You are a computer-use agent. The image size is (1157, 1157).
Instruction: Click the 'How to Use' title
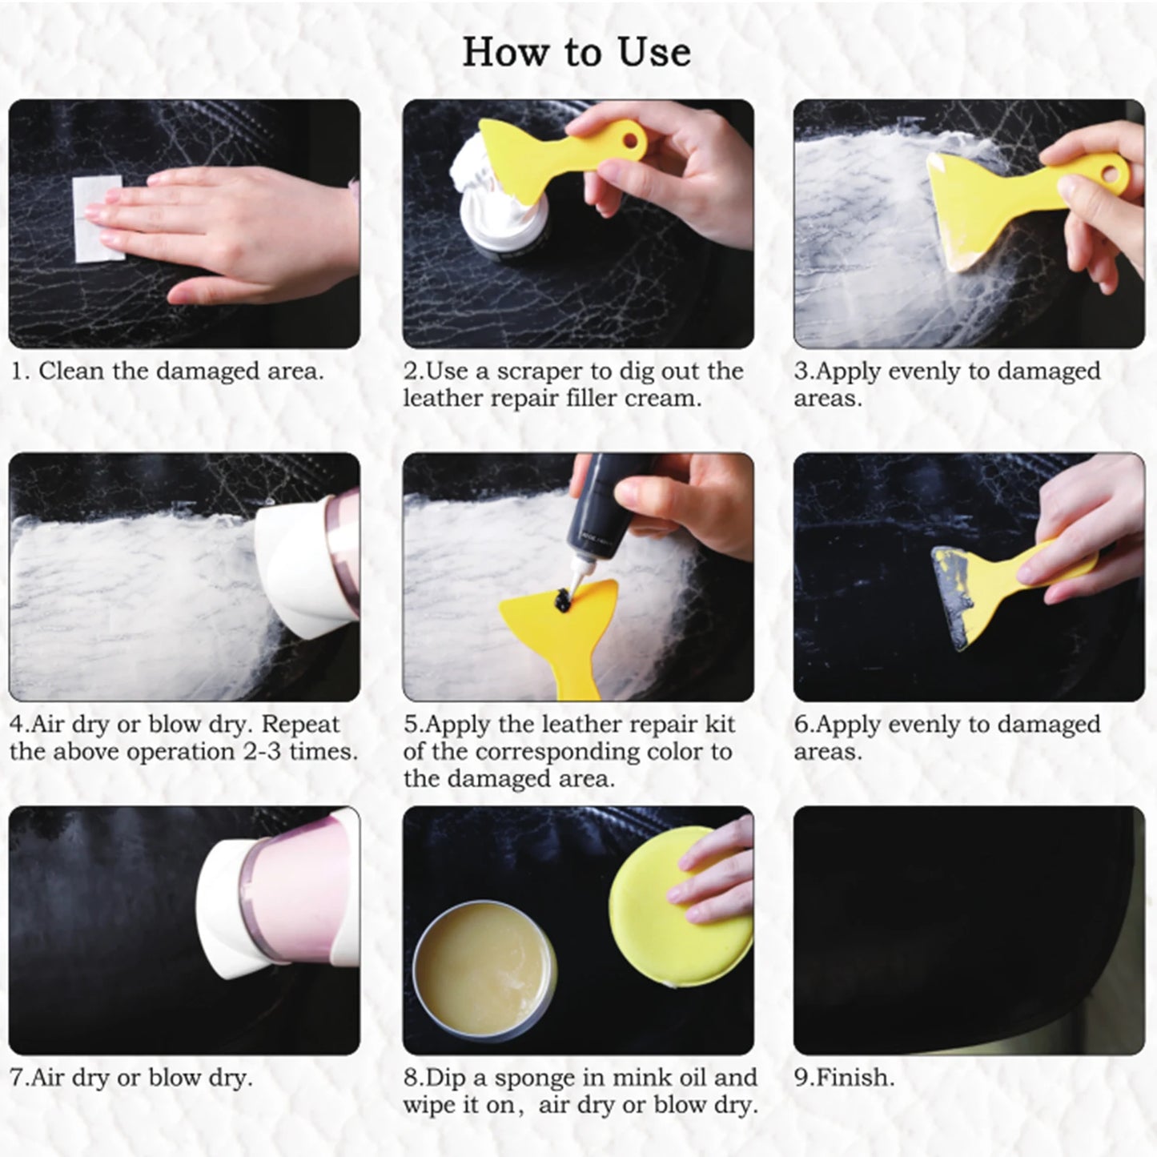click(576, 52)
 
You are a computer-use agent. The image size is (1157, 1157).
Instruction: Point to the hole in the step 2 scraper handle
click(633, 142)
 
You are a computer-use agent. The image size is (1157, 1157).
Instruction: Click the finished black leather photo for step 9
click(969, 929)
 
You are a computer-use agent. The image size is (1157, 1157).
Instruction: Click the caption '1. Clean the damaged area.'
click(167, 372)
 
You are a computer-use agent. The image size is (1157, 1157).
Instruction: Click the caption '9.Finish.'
click(844, 1078)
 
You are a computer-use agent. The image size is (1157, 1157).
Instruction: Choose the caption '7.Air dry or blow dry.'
click(131, 1078)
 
